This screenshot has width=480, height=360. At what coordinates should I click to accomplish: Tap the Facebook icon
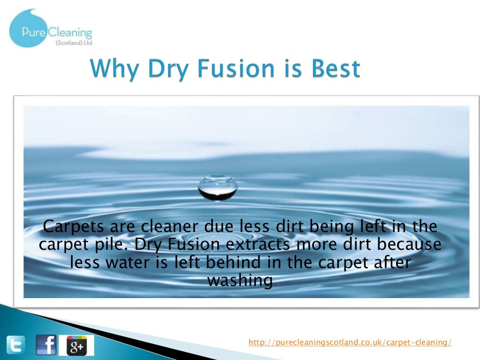point(46,345)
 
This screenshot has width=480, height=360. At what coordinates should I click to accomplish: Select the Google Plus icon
point(76,345)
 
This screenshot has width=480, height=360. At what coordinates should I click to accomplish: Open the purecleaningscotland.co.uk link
point(350,343)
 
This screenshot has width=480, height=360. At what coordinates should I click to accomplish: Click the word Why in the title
point(115,69)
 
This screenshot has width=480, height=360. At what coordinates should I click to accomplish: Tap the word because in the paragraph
point(412,245)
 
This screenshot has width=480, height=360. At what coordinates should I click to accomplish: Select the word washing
point(240,280)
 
